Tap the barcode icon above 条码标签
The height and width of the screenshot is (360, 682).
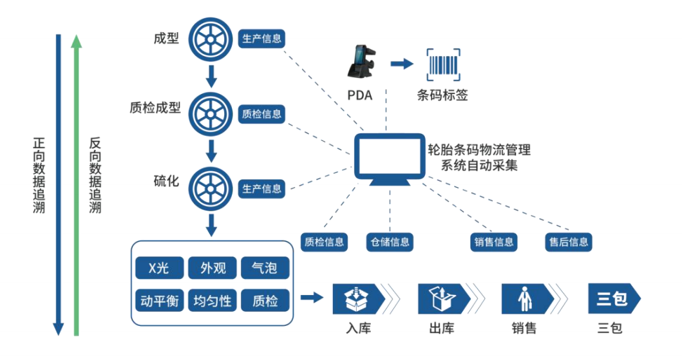[442, 64]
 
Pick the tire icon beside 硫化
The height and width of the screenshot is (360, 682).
[209, 188]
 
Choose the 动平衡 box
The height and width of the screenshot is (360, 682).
[158, 300]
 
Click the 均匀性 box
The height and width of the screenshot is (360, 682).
[212, 300]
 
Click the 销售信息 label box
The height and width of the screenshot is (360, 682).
[494, 242]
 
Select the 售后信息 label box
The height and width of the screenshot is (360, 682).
[567, 242]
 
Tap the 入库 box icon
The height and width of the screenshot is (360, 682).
[358, 298]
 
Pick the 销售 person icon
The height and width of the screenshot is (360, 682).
[527, 298]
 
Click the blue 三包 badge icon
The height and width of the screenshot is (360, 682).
[612, 298]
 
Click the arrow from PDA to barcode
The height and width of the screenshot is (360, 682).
[402, 64]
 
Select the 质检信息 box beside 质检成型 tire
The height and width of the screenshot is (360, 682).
[261, 114]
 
